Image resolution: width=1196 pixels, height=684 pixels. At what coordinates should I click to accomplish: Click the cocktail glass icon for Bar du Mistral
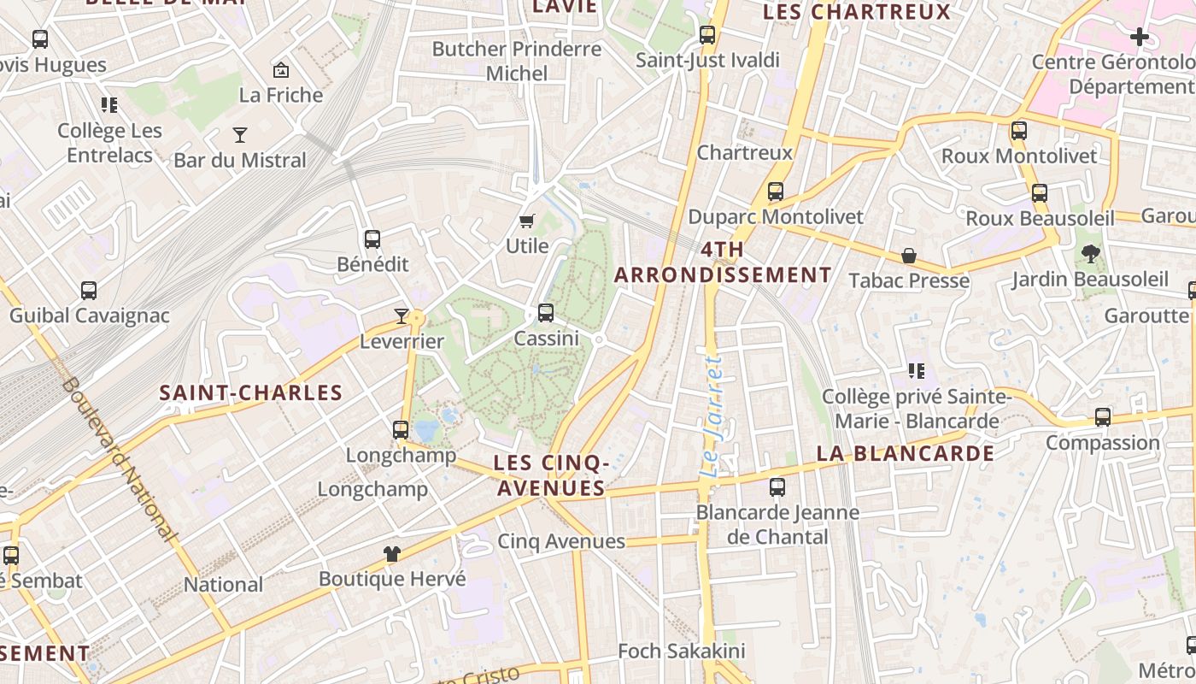pyautogui.click(x=240, y=135)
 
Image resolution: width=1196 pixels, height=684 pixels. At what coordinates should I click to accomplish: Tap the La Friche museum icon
pyautogui.click(x=280, y=70)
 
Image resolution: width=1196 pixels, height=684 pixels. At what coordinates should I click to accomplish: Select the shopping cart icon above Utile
pyautogui.click(x=527, y=221)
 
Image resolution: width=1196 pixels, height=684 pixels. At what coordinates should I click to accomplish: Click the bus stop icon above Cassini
pyautogui.click(x=546, y=313)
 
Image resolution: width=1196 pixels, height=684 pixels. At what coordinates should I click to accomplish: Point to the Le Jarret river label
pyautogui.click(x=711, y=417)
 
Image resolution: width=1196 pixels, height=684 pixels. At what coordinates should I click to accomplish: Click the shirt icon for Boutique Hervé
pyautogui.click(x=392, y=554)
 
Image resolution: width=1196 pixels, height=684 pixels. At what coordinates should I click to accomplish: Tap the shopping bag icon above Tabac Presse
pyautogui.click(x=909, y=256)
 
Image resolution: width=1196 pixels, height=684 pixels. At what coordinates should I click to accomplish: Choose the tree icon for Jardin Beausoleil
pyautogui.click(x=1090, y=253)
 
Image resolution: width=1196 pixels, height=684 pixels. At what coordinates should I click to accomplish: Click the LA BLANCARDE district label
pyautogui.click(x=906, y=453)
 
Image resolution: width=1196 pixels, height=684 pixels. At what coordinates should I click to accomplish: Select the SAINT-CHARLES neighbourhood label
pyautogui.click(x=251, y=393)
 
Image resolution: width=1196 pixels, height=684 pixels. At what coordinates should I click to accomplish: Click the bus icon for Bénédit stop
pyautogui.click(x=372, y=239)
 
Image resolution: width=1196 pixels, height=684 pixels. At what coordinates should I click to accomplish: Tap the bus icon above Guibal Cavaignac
pyautogui.click(x=89, y=291)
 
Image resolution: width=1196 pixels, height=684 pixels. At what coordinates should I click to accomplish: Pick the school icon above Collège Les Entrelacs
pyautogui.click(x=109, y=105)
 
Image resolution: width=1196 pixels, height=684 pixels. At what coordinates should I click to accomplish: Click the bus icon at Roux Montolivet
pyautogui.click(x=1019, y=131)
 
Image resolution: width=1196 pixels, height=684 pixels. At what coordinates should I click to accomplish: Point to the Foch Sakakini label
pyautogui.click(x=681, y=652)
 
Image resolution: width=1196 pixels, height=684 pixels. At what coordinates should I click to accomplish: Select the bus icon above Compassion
pyautogui.click(x=1103, y=417)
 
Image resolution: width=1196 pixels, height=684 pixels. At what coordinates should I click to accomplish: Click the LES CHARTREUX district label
pyautogui.click(x=856, y=12)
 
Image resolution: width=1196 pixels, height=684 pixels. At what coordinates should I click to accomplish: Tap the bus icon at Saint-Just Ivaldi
pyautogui.click(x=707, y=35)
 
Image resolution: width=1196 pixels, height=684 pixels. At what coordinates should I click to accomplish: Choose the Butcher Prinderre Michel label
pyautogui.click(x=517, y=62)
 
